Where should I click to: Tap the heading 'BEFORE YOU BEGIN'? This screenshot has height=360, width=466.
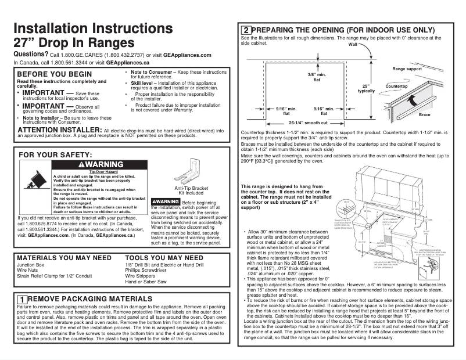[55, 74]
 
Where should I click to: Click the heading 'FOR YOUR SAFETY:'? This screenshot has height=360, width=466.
[56, 155]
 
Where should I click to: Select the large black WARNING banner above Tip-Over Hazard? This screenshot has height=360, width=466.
[101, 165]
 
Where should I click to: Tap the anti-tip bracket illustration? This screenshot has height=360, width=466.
[191, 174]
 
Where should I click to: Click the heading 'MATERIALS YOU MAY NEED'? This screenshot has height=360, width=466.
[64, 257]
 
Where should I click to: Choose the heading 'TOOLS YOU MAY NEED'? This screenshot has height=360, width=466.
[164, 257]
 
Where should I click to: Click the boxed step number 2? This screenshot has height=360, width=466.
[246, 30]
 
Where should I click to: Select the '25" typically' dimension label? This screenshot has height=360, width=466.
[366, 89]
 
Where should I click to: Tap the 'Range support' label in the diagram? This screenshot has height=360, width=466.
[407, 69]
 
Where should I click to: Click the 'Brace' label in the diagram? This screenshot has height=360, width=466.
[425, 115]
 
